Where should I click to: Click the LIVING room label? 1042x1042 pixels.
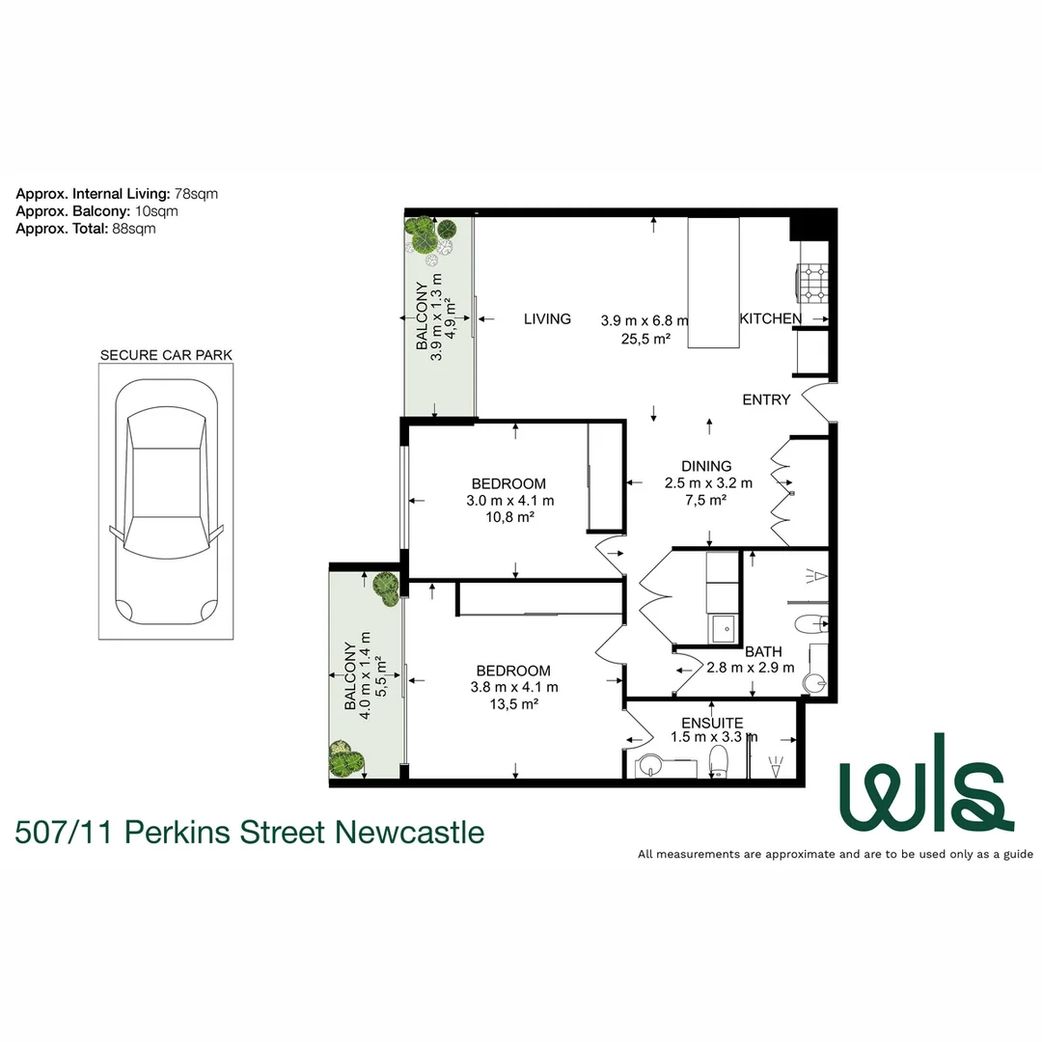[x=547, y=318]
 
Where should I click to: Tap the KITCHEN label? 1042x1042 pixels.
[x=770, y=318]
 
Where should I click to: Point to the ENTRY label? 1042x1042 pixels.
[x=766, y=399]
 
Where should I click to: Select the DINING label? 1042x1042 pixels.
[x=705, y=466]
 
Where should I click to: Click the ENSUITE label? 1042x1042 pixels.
[x=711, y=723]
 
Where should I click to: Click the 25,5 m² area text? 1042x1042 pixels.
[x=646, y=338]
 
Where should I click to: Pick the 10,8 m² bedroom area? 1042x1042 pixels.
[x=509, y=517]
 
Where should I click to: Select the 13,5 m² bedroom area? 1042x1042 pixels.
[x=512, y=704]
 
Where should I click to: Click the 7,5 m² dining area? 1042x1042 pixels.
[x=705, y=500]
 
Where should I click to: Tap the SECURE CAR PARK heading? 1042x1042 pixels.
[x=166, y=355]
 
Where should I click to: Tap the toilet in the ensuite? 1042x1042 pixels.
[x=718, y=762]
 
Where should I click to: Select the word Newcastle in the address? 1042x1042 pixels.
[x=409, y=831]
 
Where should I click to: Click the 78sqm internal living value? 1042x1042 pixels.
[x=197, y=193]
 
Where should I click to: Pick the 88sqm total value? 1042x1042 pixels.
[x=134, y=229]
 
